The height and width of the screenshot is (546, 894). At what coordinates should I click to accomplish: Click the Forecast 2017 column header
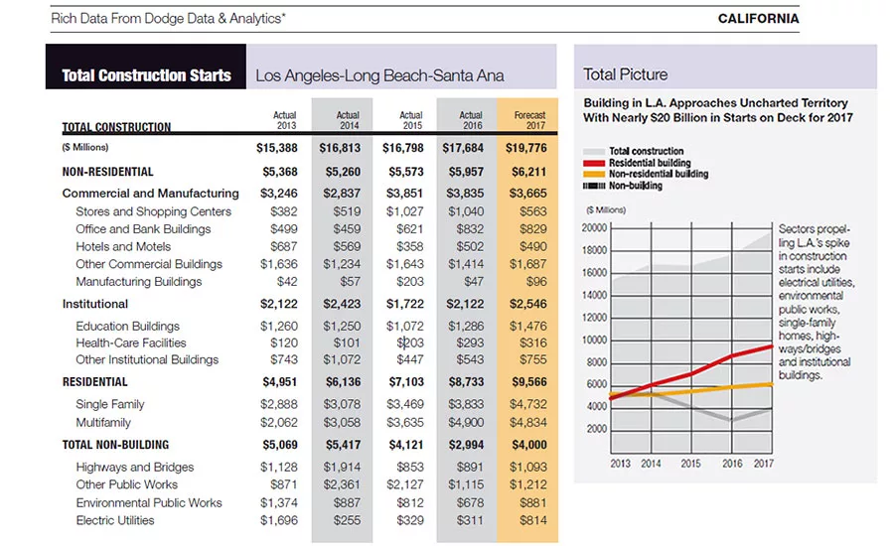coord(529,120)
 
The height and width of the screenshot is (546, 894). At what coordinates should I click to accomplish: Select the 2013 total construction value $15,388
coord(276,148)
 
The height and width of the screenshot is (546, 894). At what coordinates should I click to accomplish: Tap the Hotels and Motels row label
coord(123,247)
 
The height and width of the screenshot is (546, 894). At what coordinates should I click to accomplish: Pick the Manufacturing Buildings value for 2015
coord(410,282)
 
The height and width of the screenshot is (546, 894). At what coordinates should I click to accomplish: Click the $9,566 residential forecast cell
coord(528,382)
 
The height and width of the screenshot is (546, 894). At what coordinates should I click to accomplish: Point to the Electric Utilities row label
coord(115,520)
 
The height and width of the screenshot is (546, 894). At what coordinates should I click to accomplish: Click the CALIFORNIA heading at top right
coord(758,19)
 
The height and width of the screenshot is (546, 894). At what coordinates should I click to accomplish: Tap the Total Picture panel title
coord(625,74)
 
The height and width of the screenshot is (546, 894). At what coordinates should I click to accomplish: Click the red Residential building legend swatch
coord(594,163)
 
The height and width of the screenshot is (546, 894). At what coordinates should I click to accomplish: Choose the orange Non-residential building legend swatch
coord(594,175)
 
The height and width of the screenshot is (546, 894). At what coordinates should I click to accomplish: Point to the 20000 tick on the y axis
coord(594,228)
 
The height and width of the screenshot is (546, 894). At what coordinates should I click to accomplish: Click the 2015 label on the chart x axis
coord(690,464)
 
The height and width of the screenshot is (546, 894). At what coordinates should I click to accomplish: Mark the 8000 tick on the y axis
coord(597,362)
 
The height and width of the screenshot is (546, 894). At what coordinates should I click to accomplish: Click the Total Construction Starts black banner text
coord(147,75)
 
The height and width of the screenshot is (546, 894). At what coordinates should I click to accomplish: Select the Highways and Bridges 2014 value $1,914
coord(342,467)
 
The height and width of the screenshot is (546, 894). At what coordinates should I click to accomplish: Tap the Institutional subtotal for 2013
coord(279,304)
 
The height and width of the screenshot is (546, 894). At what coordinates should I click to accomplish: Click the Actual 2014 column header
coord(348,120)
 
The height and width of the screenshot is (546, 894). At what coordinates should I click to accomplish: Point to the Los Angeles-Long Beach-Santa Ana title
coord(379,75)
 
